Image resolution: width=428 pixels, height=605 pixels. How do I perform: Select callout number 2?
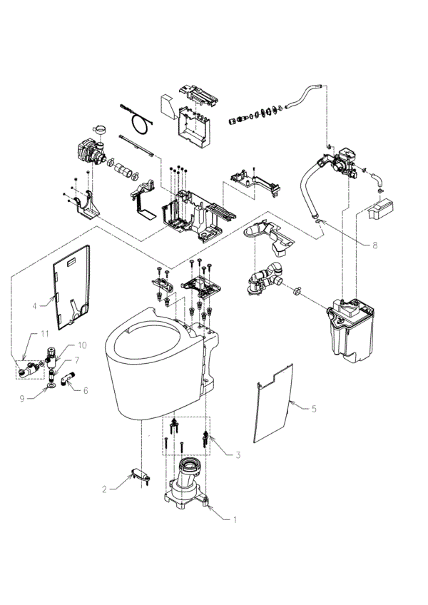[104, 489]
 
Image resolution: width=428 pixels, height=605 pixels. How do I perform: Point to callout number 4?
[34, 305]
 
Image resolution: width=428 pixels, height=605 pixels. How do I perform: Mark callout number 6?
[86, 390]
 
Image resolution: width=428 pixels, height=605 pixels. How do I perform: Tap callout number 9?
[22, 398]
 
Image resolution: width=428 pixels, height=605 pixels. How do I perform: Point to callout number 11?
[44, 333]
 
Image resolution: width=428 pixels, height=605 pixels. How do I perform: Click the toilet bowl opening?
[146, 347]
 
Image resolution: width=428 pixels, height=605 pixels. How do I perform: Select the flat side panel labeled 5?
[274, 403]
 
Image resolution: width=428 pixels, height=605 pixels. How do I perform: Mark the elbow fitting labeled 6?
[65, 378]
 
